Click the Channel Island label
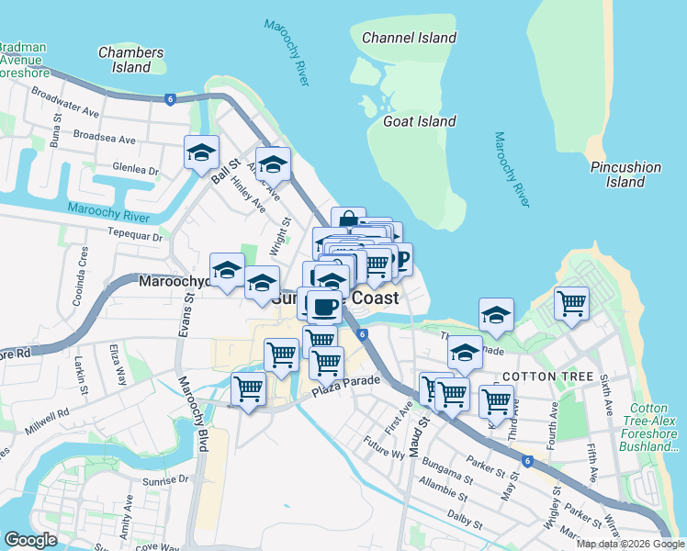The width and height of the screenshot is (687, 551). tap(409, 38)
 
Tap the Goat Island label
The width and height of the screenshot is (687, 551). tap(419, 121)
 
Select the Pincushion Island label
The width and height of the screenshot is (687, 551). tap(625, 174)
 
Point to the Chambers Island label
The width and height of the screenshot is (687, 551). tap(130, 60)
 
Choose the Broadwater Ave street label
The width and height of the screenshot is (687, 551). tap(64, 102)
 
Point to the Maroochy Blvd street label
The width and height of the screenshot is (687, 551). tap(193, 414)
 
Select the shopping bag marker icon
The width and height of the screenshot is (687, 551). tap(348, 221)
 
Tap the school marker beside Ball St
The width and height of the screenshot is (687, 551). tap(201, 152)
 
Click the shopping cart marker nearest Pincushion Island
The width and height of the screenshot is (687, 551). tap(571, 303)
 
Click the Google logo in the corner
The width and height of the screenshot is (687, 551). tap(30, 541)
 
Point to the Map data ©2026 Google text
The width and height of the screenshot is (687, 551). tap(630, 544)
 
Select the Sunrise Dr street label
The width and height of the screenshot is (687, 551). tap(164, 479)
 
